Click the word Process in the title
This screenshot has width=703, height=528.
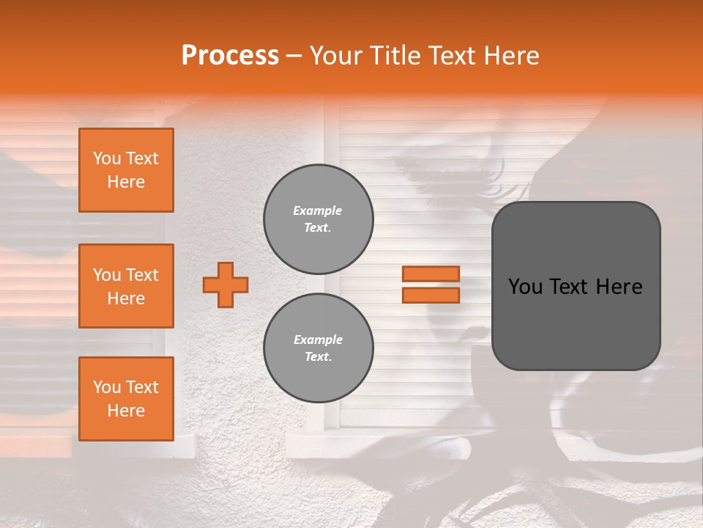pyautogui.click(x=230, y=55)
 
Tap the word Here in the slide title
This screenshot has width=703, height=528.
pyautogui.click(x=511, y=55)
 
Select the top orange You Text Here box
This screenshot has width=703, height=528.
pyautogui.click(x=126, y=170)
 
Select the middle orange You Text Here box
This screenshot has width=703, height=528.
pyautogui.click(x=126, y=286)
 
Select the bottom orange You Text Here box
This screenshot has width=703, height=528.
pyautogui.click(x=126, y=398)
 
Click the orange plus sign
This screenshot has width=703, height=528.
pyautogui.click(x=226, y=285)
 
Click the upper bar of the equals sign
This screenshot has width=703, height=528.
pyautogui.click(x=431, y=274)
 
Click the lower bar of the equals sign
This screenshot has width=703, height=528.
pyautogui.click(x=431, y=295)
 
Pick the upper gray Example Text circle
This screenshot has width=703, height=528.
pyautogui.click(x=319, y=219)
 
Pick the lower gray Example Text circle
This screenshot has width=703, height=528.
pyautogui.click(x=319, y=348)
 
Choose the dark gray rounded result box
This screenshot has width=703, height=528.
pyautogui.click(x=576, y=286)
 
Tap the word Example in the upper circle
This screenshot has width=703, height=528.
pyautogui.click(x=318, y=210)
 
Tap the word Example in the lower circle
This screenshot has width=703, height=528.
pyautogui.click(x=318, y=340)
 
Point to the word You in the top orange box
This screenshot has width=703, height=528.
pyautogui.click(x=106, y=158)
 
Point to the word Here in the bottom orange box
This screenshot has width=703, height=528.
pyautogui.click(x=126, y=411)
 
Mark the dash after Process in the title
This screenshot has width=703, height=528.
pyautogui.click(x=294, y=56)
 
